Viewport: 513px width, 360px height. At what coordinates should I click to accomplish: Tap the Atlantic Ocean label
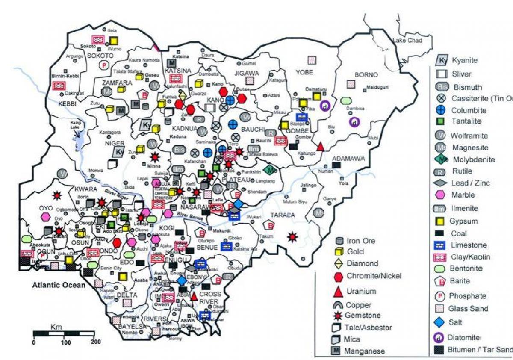pyautogui.click(x=59, y=285)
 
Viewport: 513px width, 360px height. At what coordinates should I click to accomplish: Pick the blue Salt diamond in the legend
pyautogui.click(x=442, y=322)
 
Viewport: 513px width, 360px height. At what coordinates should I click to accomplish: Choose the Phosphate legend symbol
pyautogui.click(x=442, y=296)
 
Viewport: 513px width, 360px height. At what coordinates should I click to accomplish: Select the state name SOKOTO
pyautogui.click(x=100, y=56)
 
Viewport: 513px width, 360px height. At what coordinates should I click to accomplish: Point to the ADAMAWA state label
pyautogui.click(x=348, y=159)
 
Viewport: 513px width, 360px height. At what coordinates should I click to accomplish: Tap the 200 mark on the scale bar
pyautogui.click(x=95, y=342)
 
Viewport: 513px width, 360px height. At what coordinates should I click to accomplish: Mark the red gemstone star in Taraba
pyautogui.click(x=292, y=236)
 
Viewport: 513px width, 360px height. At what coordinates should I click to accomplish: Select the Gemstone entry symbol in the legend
pyautogui.click(x=339, y=316)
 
